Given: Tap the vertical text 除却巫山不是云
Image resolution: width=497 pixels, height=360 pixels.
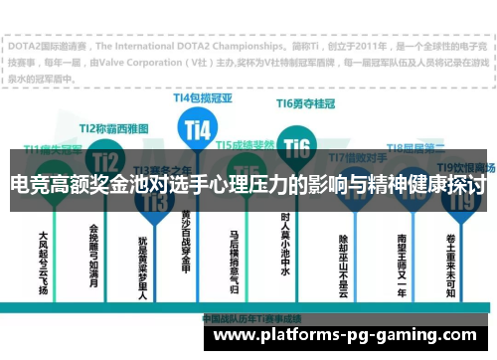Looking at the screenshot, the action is pyautogui.click(x=343, y=261).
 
